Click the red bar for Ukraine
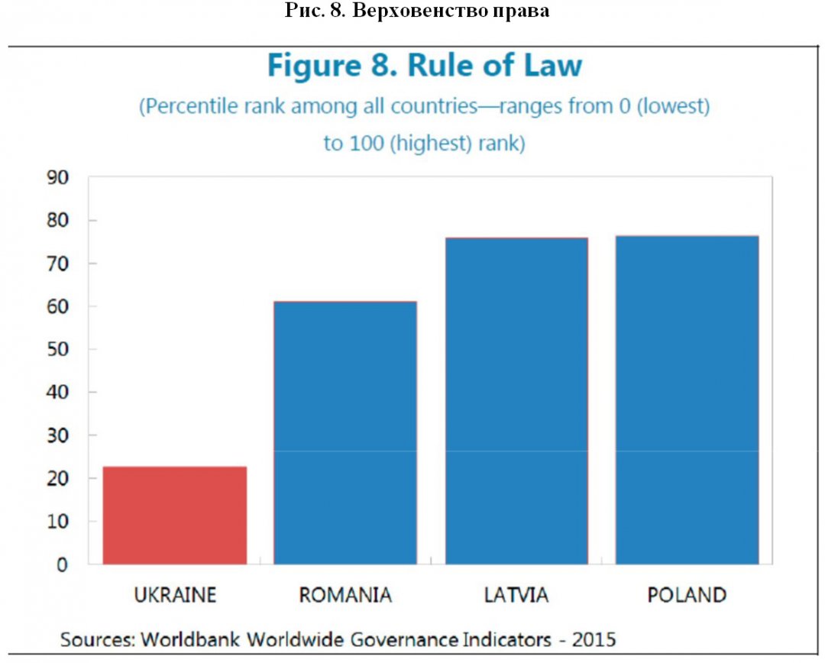175,516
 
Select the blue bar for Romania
345,433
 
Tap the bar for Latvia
516,401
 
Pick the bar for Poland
687,399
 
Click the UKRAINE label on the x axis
175,595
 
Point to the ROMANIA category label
345,595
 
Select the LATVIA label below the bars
516,595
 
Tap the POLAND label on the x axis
687,595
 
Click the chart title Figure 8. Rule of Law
424,66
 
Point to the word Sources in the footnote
95,639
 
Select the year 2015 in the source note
592,639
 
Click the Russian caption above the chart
417,12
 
